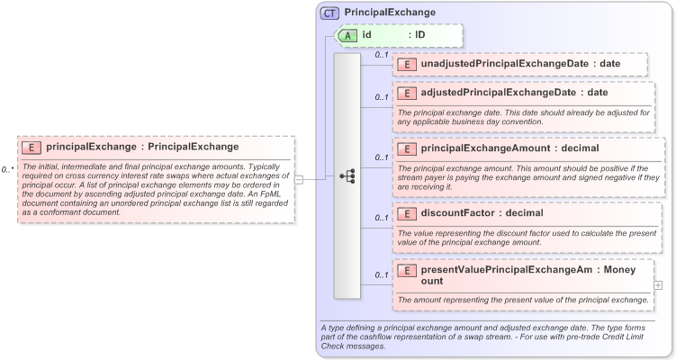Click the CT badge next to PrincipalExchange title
pyautogui.click(x=329, y=13)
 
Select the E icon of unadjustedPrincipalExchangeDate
pyautogui.click(x=407, y=64)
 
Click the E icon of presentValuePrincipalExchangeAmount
pyautogui.click(x=407, y=270)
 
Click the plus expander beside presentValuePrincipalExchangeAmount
pyautogui.click(x=658, y=284)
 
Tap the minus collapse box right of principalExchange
pyautogui.click(x=298, y=178)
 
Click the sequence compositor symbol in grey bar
pyautogui.click(x=347, y=177)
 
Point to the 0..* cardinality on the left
pyautogui.click(x=8, y=168)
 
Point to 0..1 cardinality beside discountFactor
pyautogui.click(x=381, y=217)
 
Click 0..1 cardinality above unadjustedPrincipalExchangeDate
pyautogui.click(x=381, y=56)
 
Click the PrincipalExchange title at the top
pyautogui.click(x=390, y=13)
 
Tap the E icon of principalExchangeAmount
pyautogui.click(x=407, y=148)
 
